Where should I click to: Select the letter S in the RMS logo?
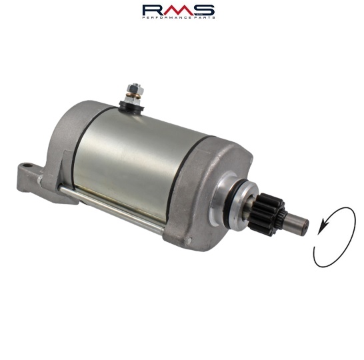click(x=204, y=10)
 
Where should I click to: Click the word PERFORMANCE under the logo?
click(x=167, y=17)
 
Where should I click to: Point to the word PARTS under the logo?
click(x=205, y=17)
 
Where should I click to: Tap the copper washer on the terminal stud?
click(x=133, y=95)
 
